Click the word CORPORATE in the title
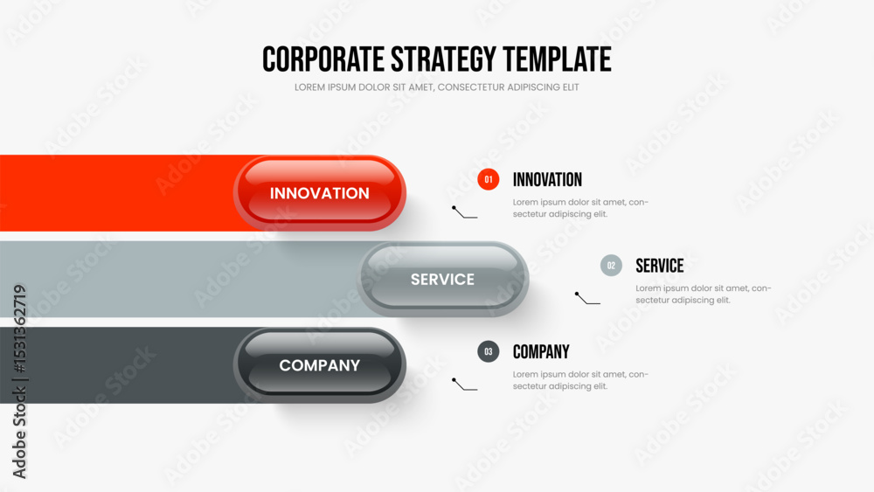point(323,59)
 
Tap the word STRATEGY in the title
point(443,59)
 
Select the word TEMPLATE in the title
point(557,59)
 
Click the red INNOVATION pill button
point(319,193)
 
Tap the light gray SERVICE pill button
point(442,279)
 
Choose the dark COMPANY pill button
point(319,365)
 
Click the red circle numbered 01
point(489,179)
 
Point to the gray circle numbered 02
point(611,265)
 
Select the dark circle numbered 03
point(489,351)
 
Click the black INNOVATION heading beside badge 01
point(547,179)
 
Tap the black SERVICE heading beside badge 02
point(660,266)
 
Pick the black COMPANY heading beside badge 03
point(541,351)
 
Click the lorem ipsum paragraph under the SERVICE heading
point(704,295)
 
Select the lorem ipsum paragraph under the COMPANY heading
point(580,380)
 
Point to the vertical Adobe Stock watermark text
point(19,382)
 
